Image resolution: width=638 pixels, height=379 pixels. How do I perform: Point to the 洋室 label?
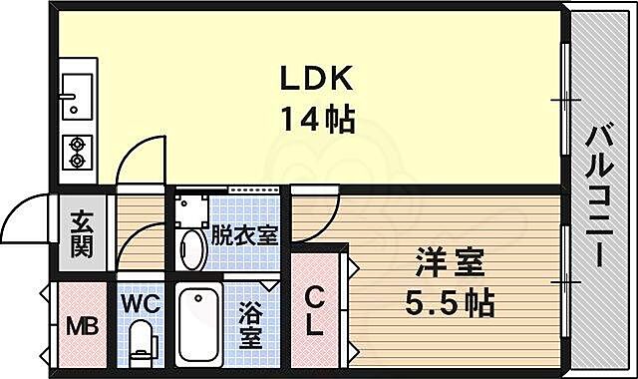450,265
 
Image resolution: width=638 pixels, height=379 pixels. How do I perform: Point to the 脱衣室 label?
243,236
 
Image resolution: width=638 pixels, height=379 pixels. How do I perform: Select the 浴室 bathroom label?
251,326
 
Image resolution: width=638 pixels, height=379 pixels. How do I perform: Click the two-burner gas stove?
76,152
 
